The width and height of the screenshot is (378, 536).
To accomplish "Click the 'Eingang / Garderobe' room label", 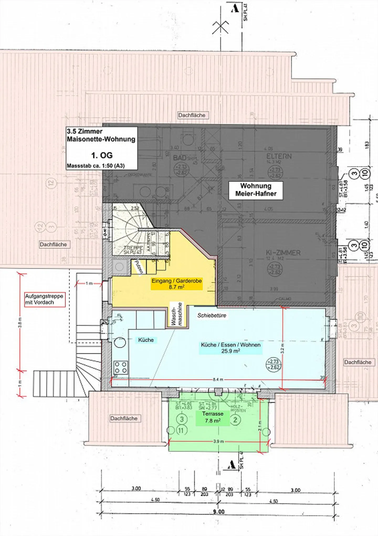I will click(176, 284).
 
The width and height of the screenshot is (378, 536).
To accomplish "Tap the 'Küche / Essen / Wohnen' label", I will click(230, 348).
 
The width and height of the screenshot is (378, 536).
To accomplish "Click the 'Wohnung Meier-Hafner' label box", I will click(256, 190).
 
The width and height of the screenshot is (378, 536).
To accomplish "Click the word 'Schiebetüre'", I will click(212, 315).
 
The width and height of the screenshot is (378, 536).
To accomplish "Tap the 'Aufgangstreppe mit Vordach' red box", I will click(44, 299).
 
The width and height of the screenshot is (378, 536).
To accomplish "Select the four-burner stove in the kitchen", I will click(121, 367).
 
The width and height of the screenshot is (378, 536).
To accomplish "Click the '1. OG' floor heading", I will click(102, 155).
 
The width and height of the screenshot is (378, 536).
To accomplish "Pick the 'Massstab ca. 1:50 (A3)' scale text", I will click(96, 166).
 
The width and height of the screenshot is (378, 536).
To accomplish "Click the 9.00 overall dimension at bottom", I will click(218, 512).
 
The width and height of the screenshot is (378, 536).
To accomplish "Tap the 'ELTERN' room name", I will click(279, 156).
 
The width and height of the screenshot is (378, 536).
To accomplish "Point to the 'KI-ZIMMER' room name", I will click(283, 253).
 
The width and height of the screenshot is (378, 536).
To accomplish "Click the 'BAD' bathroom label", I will click(180, 158).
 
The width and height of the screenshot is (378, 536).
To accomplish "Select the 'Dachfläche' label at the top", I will click(192, 115).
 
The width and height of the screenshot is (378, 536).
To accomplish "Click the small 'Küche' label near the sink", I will click(146, 340).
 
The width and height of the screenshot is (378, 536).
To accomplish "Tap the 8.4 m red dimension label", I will click(218, 380).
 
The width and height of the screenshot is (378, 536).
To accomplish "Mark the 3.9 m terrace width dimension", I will click(218, 441).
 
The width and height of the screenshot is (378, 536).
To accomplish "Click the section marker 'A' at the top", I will click(235, 9).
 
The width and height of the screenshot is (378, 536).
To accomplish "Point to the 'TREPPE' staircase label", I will click(133, 248).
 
